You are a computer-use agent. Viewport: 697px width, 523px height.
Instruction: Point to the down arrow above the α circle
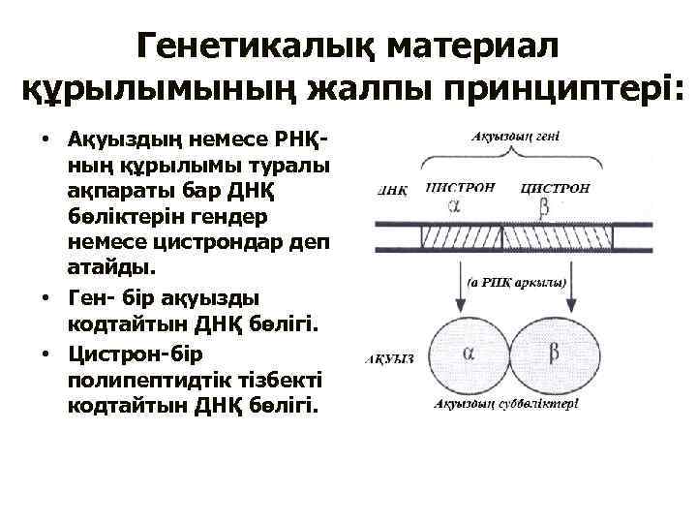[457, 282]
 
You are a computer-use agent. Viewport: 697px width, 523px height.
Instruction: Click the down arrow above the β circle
[568, 282]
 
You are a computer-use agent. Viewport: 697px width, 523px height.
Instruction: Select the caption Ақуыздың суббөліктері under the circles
[506, 404]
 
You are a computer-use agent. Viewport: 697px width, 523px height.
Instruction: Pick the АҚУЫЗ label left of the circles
[389, 357]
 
